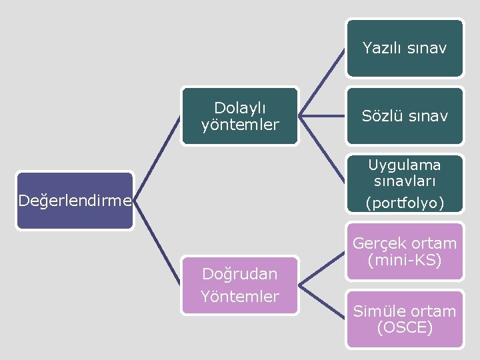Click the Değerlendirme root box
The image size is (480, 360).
pyautogui.click(x=75, y=201)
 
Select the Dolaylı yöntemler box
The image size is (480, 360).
pyautogui.click(x=240, y=116)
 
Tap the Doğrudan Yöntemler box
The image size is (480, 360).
pyautogui.click(x=240, y=285)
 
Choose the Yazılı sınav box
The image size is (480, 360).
pyautogui.click(x=405, y=48)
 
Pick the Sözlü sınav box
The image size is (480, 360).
pyautogui.click(x=405, y=116)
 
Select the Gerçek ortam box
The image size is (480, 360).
pyautogui.click(x=405, y=251)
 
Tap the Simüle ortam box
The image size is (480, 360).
pyautogui.click(x=405, y=319)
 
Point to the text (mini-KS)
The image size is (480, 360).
pyautogui.click(x=405, y=260)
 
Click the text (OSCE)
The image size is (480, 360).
pyautogui.click(x=405, y=328)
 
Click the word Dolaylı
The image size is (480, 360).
pyautogui.click(x=240, y=107)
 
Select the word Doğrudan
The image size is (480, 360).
pyautogui.click(x=240, y=274)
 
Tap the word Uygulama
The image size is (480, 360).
pyautogui.click(x=405, y=164)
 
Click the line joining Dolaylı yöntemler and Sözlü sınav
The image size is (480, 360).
pyautogui.click(x=322, y=116)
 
